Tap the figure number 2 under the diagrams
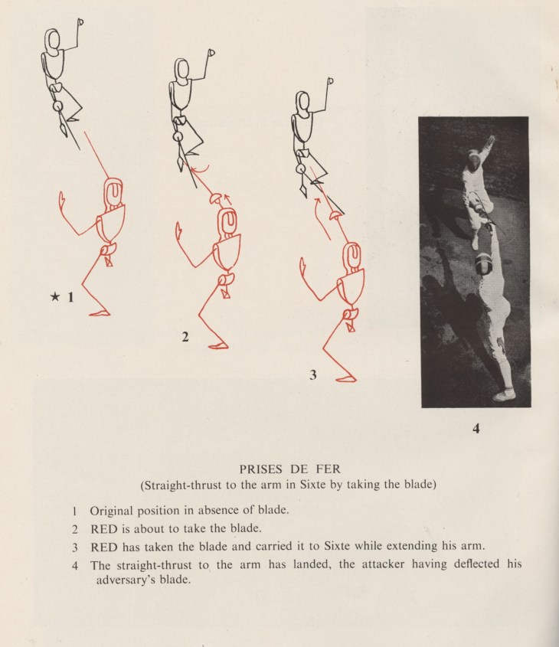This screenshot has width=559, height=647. coord(185,335)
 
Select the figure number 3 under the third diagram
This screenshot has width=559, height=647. coord(313,374)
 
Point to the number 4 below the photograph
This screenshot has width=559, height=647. coord(476,429)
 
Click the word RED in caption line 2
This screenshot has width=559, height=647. coord(105,528)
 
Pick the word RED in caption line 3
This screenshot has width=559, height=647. coord(105,547)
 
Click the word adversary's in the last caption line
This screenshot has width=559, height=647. coord(126,580)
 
